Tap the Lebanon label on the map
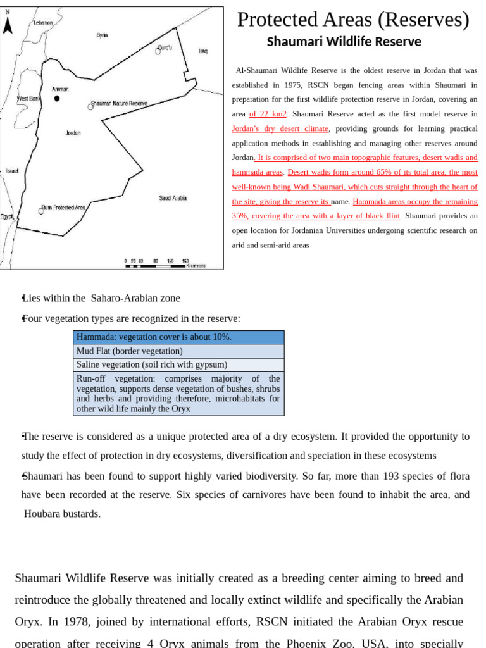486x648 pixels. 43,23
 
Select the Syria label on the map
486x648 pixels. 102,35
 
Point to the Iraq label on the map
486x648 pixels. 202,51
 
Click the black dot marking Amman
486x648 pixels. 57,99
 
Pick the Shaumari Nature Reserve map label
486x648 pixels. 120,103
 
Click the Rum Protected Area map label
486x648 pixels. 65,208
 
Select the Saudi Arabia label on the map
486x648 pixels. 173,198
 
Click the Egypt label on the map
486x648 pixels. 7,216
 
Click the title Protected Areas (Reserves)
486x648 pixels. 353,20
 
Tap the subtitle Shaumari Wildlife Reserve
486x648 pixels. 344,42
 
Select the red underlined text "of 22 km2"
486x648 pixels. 268,114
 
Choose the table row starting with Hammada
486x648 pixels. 178,337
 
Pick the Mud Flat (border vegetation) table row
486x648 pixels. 178,351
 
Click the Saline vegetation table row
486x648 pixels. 178,364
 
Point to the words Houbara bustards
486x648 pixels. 62,514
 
